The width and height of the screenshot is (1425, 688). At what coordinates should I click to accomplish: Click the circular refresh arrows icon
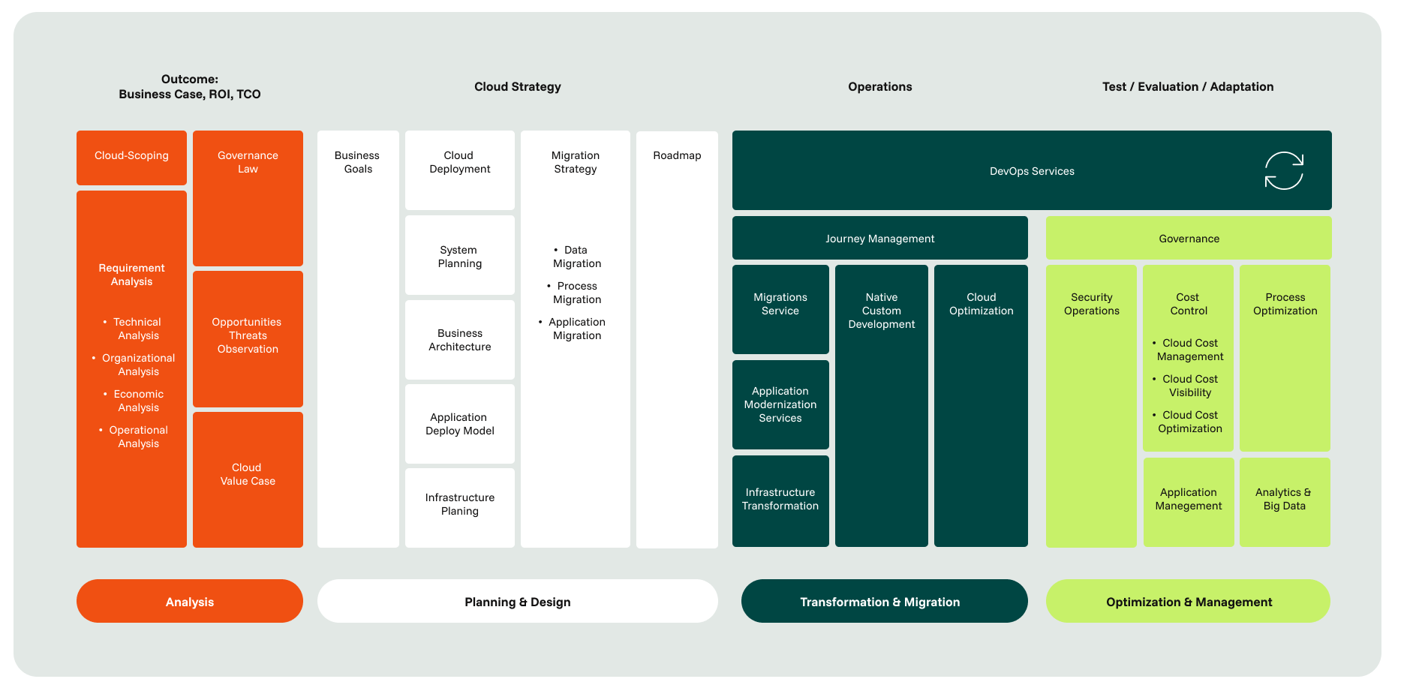point(1284,171)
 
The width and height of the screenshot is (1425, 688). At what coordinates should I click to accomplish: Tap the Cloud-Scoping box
point(131,157)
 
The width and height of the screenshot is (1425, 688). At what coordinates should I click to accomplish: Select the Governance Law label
point(248,162)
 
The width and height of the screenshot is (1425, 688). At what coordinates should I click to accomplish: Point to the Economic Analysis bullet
point(138,401)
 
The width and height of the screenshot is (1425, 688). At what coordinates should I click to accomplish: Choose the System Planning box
point(460,256)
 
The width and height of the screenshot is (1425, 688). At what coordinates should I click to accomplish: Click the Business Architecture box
point(460,340)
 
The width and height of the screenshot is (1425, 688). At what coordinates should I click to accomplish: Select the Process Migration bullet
point(576,293)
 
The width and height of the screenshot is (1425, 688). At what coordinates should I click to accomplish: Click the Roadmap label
point(677,155)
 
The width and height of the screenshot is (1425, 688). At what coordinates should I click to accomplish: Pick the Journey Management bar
point(879,239)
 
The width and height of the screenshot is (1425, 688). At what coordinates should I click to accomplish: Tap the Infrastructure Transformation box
point(780,500)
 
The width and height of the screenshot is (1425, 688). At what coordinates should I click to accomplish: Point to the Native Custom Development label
point(882,311)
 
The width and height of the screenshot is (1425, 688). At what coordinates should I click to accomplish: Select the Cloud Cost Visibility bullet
point(1189,386)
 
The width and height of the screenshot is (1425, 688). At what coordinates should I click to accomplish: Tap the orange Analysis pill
point(190,602)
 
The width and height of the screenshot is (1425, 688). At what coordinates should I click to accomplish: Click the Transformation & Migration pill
point(884,602)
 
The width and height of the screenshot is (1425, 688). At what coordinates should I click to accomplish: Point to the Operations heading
point(879,87)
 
